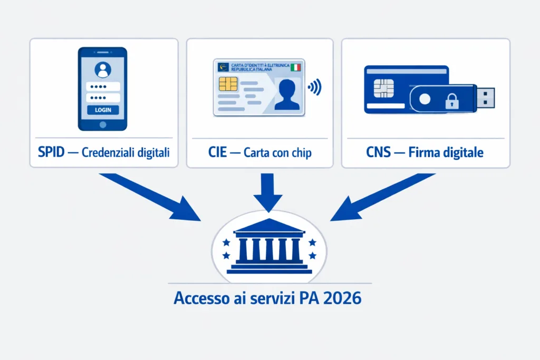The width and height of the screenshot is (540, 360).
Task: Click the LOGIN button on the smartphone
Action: click(103, 110)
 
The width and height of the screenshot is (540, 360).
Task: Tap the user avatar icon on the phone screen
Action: click(103, 70)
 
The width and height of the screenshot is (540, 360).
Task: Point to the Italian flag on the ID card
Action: click(296, 67)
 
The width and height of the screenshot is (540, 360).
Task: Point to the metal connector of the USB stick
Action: click(487, 98)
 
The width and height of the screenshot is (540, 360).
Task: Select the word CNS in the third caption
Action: click(378, 153)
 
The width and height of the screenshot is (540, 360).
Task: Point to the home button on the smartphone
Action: click(103, 124)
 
